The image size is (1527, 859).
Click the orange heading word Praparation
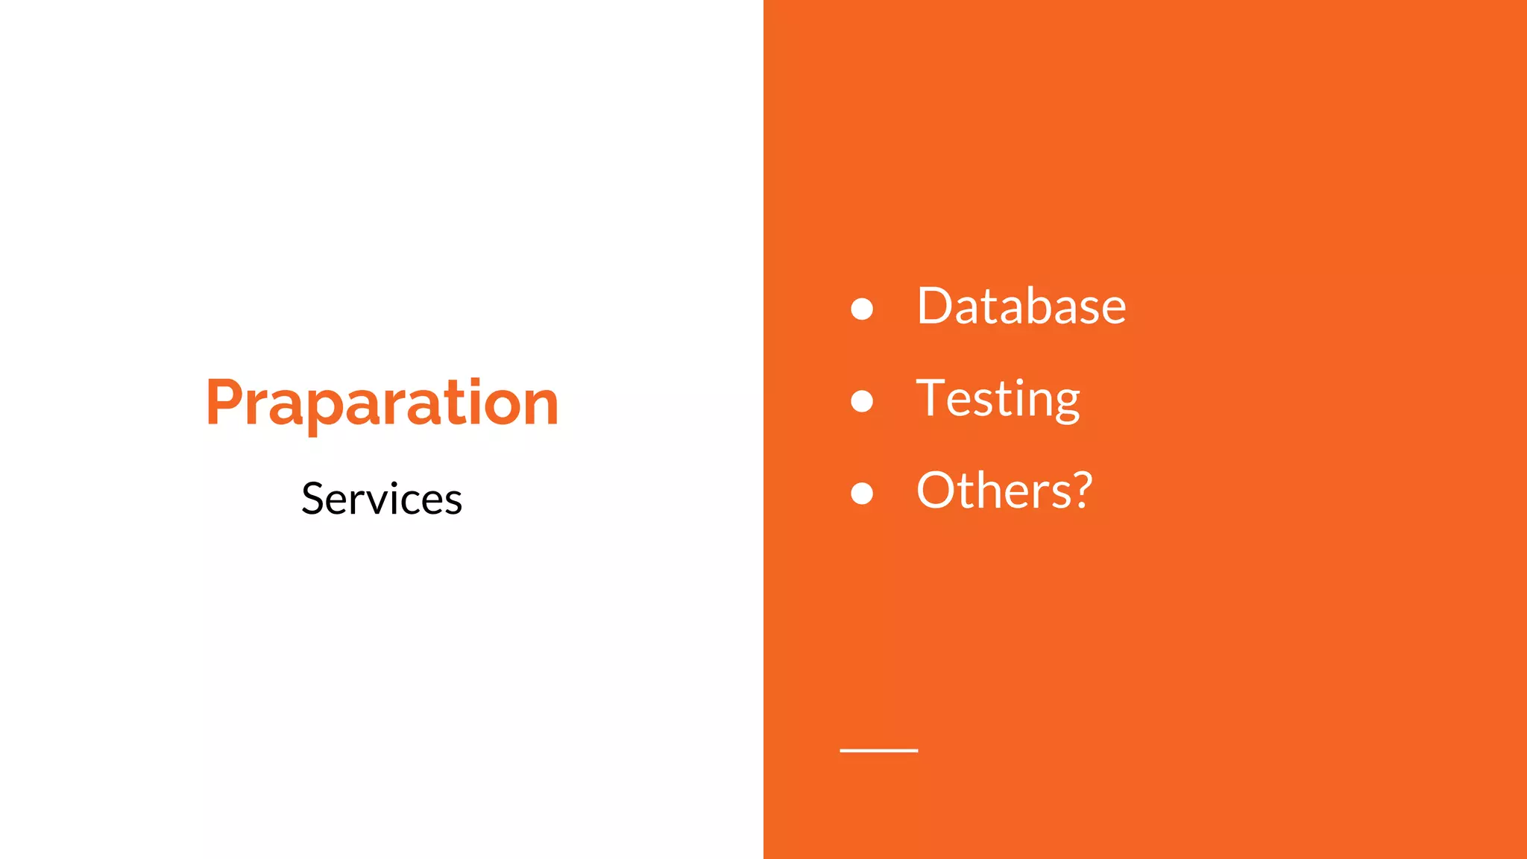382,403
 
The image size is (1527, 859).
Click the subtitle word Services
382,498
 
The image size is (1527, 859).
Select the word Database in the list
1021,306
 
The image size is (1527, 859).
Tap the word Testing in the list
998,399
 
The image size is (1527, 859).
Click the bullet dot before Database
862,309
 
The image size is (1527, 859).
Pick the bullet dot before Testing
862,401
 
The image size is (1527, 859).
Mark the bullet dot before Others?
862,493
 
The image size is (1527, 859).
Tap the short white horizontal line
878,750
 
